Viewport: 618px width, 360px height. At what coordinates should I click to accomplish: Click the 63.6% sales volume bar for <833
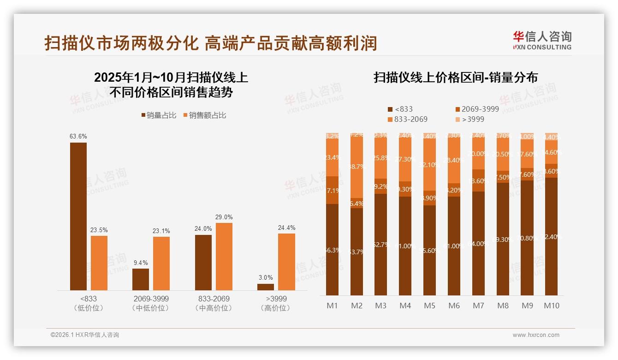coord(78,216)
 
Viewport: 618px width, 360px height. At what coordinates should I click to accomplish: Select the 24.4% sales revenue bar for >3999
coord(286,262)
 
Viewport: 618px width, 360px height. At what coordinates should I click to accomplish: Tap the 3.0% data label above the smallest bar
coord(266,277)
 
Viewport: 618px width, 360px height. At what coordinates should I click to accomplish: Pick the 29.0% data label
coord(224,217)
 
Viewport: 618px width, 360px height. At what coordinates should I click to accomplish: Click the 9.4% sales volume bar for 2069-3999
coord(141,279)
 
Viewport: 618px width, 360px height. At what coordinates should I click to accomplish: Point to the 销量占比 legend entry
coord(159,115)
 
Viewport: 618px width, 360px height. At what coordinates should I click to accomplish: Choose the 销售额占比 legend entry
coord(205,115)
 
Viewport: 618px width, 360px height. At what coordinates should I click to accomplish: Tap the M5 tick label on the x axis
coord(430,306)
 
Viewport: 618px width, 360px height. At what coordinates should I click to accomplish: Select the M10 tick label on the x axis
coord(552,306)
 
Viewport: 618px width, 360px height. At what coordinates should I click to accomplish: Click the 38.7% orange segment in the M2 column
coord(357,167)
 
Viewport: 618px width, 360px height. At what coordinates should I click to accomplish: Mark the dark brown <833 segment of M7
coord(479,243)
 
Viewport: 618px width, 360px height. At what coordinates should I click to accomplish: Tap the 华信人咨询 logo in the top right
coord(542,40)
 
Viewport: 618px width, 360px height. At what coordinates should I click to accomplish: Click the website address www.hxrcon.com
coord(536,335)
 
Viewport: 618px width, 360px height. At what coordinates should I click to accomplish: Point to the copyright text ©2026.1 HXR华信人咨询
coord(85,335)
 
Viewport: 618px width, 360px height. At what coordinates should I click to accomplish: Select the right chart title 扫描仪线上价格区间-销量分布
coord(456,78)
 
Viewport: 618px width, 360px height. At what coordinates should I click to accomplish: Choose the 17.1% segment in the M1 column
coord(332,190)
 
